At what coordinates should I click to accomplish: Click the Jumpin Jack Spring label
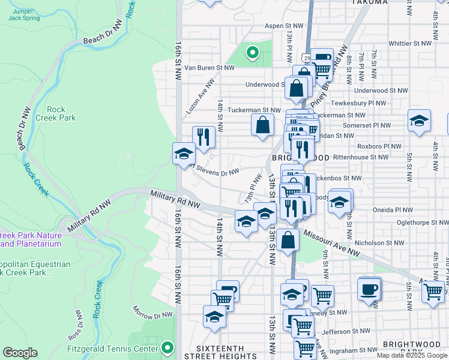[x=23, y=14]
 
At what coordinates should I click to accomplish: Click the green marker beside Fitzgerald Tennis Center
[x=167, y=347]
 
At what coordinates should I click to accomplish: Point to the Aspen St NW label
[x=284, y=26]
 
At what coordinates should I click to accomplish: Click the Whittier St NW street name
[x=410, y=44]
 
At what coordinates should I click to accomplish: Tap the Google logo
[x=20, y=353]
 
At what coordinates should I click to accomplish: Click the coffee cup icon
[x=369, y=289]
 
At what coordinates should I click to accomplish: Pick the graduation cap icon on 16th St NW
[x=183, y=153]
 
